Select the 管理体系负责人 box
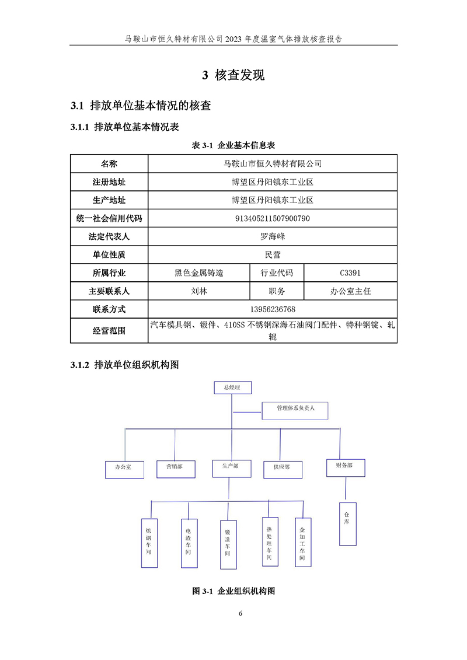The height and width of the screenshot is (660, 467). click(x=295, y=410)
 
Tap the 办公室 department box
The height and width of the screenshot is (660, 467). click(x=124, y=469)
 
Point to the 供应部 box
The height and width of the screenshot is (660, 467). click(x=281, y=468)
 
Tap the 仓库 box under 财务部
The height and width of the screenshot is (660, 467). click(x=347, y=523)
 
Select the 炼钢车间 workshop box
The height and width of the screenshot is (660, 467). click(x=149, y=543)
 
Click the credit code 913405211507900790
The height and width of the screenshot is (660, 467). click(x=272, y=219)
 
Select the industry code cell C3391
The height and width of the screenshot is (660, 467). click(x=350, y=273)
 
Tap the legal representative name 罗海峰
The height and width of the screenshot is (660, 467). click(x=272, y=237)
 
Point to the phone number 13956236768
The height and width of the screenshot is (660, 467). click(x=272, y=309)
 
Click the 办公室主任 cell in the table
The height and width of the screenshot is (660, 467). click(x=350, y=291)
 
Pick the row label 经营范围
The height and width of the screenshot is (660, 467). click(x=109, y=331)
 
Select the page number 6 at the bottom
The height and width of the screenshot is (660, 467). click(x=240, y=613)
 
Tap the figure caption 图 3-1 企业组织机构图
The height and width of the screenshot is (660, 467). click(x=233, y=591)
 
